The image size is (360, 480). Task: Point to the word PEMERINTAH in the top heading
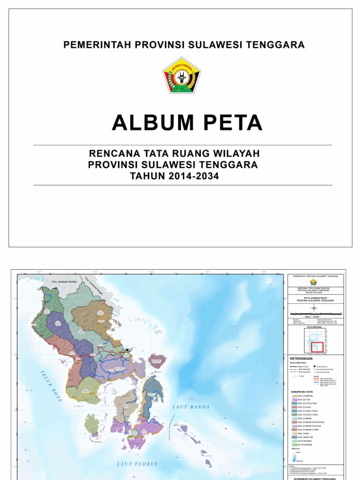(x=97, y=45)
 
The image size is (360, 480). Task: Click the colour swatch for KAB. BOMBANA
(x=295, y=396)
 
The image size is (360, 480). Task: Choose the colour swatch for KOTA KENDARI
(x=295, y=445)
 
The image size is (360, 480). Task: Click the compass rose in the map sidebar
(x=315, y=308)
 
